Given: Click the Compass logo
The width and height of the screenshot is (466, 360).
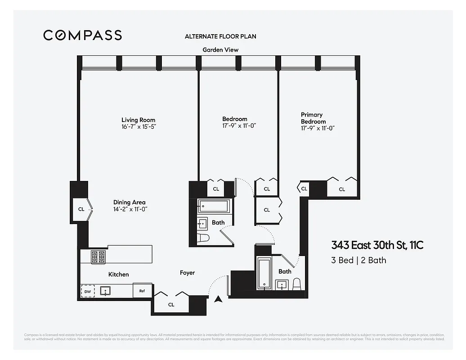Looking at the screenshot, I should point(82,35).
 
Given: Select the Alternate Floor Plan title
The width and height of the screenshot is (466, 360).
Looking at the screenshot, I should point(220,36).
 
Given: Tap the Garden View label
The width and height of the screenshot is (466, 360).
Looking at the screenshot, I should point(220,50).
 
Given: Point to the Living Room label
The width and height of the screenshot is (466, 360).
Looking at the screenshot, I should point(138,120).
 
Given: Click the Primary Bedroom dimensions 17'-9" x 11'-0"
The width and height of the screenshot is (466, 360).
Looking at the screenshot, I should point(318,128).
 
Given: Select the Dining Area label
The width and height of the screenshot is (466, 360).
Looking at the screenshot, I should point(129,202).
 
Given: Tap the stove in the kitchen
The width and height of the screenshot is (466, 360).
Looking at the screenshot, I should point(99,257).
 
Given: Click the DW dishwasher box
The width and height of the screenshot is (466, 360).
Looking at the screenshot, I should point(88,291).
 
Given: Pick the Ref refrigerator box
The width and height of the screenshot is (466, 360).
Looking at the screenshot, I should point(142,291).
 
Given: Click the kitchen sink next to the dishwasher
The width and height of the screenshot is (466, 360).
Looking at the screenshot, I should point(106,291).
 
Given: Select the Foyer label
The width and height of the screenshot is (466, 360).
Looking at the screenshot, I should point(187,273).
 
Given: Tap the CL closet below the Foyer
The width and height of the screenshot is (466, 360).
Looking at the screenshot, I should point(171,305).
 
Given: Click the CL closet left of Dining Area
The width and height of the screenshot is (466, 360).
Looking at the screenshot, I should point(81,209).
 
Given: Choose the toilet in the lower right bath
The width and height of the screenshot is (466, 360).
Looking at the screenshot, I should point(296,284).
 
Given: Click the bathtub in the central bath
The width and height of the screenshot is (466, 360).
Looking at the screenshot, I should point(214,207).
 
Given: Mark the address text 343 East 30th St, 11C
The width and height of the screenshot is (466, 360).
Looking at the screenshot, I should point(377,246).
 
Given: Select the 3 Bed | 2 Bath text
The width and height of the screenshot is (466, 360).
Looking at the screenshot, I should point(358,260).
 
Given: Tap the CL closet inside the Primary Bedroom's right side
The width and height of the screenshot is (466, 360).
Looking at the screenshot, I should point(342,189).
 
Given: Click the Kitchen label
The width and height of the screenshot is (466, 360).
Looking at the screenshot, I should point(118,274).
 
